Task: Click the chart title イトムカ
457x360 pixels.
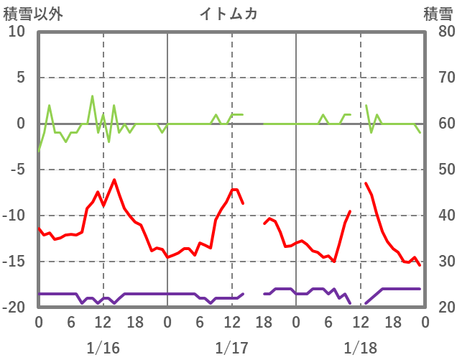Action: (x=228, y=14)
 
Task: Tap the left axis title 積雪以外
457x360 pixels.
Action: (x=29, y=14)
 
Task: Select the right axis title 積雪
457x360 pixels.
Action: (x=438, y=14)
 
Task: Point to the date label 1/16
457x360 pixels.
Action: (x=103, y=347)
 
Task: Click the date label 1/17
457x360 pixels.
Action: (x=231, y=347)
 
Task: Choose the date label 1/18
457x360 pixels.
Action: (x=360, y=347)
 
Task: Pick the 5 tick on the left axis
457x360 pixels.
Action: (x=21, y=78)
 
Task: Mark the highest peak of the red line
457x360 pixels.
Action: (x=114, y=180)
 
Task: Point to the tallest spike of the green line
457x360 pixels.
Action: (x=92, y=96)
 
